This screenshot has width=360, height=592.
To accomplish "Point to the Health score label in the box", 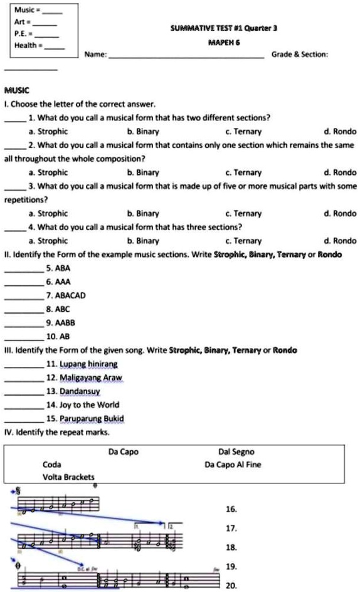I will tap(28, 45).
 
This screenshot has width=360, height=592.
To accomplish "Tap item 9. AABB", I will tap(61, 322).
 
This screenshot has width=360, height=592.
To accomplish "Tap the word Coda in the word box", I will tap(52, 465).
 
